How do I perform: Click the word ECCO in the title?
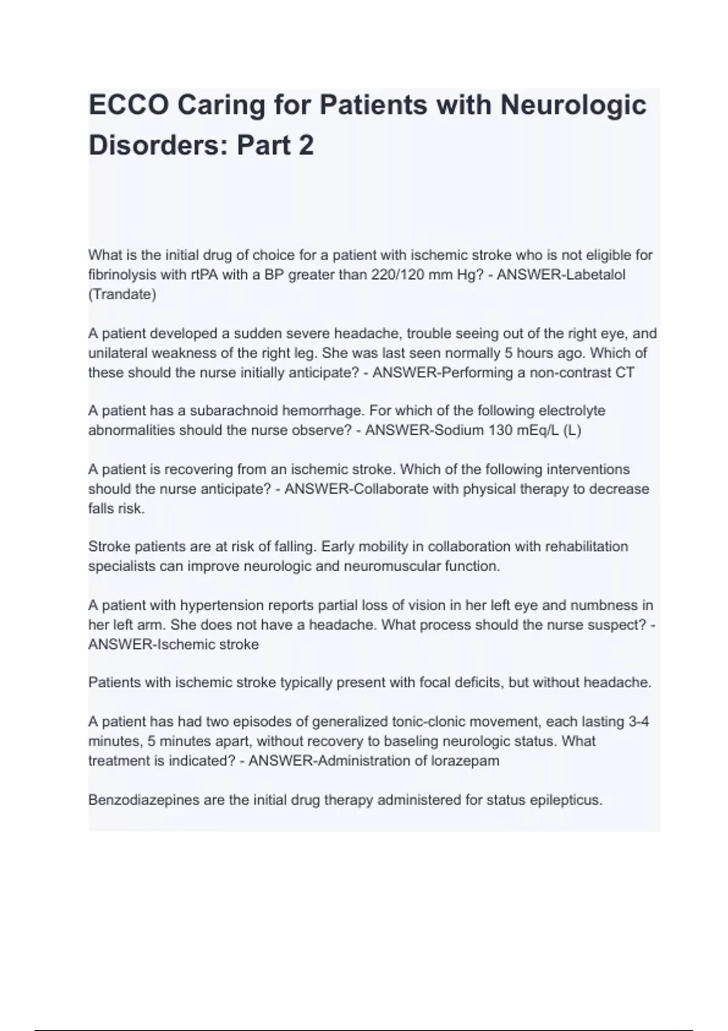point(129,105)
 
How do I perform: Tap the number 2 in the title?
point(306,146)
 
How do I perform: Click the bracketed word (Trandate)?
point(122,295)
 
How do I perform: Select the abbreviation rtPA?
point(204,275)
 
